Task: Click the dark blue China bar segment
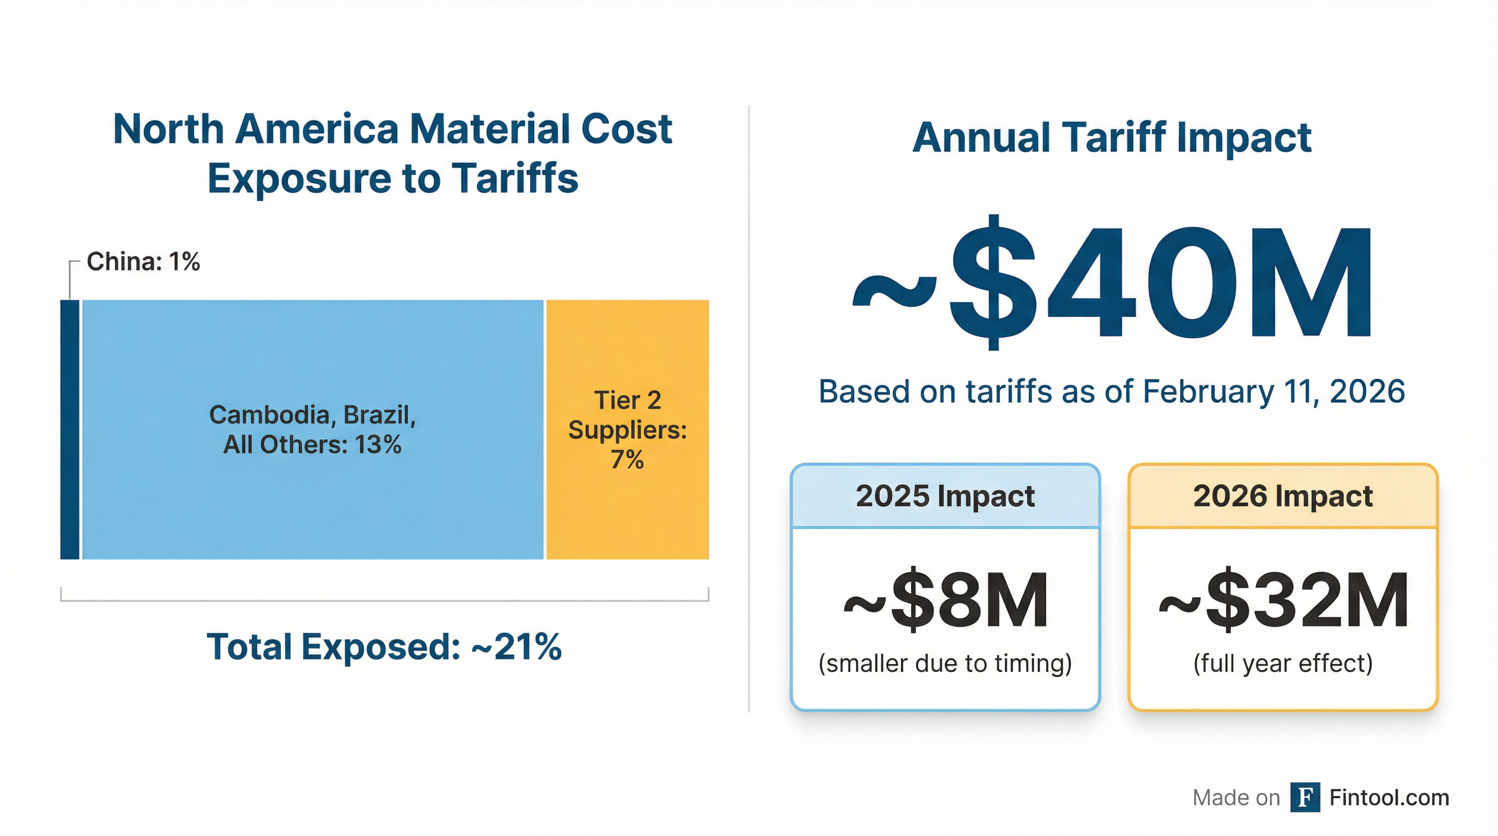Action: pos(70,429)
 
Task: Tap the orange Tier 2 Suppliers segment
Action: pos(628,512)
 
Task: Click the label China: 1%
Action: pos(143,262)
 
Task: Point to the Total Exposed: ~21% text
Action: pos(384,647)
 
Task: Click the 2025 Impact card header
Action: pos(945,496)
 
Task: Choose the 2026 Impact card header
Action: pos(1283,496)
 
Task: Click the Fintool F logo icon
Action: pos(1304,797)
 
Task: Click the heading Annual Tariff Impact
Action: pos(1112,138)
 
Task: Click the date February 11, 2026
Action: pos(1274,391)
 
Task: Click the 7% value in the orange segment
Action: pos(627,459)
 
